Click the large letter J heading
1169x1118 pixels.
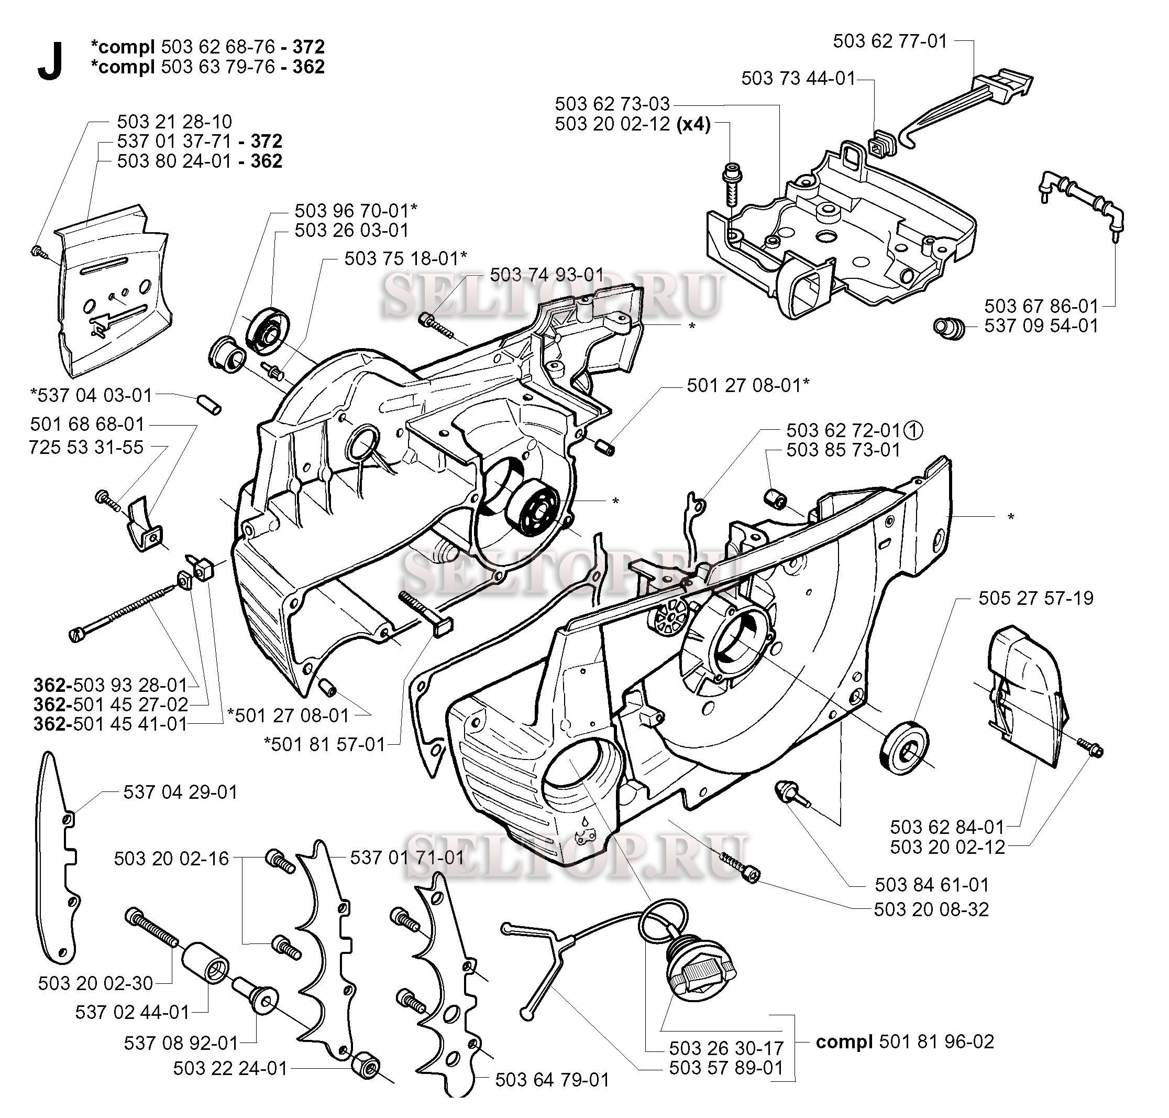tap(50, 63)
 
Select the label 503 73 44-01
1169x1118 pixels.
tap(798, 79)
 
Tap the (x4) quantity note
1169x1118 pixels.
tap(694, 125)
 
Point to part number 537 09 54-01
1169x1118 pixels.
tap(1041, 326)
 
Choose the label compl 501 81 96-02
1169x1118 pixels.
tap(905, 1041)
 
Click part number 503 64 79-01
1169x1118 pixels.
tap(552, 1080)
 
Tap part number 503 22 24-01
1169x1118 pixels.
tap(230, 1069)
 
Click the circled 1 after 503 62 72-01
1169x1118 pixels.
tap(913, 430)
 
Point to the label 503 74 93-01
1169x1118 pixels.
tap(547, 275)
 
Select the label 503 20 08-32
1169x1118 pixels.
tap(931, 909)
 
